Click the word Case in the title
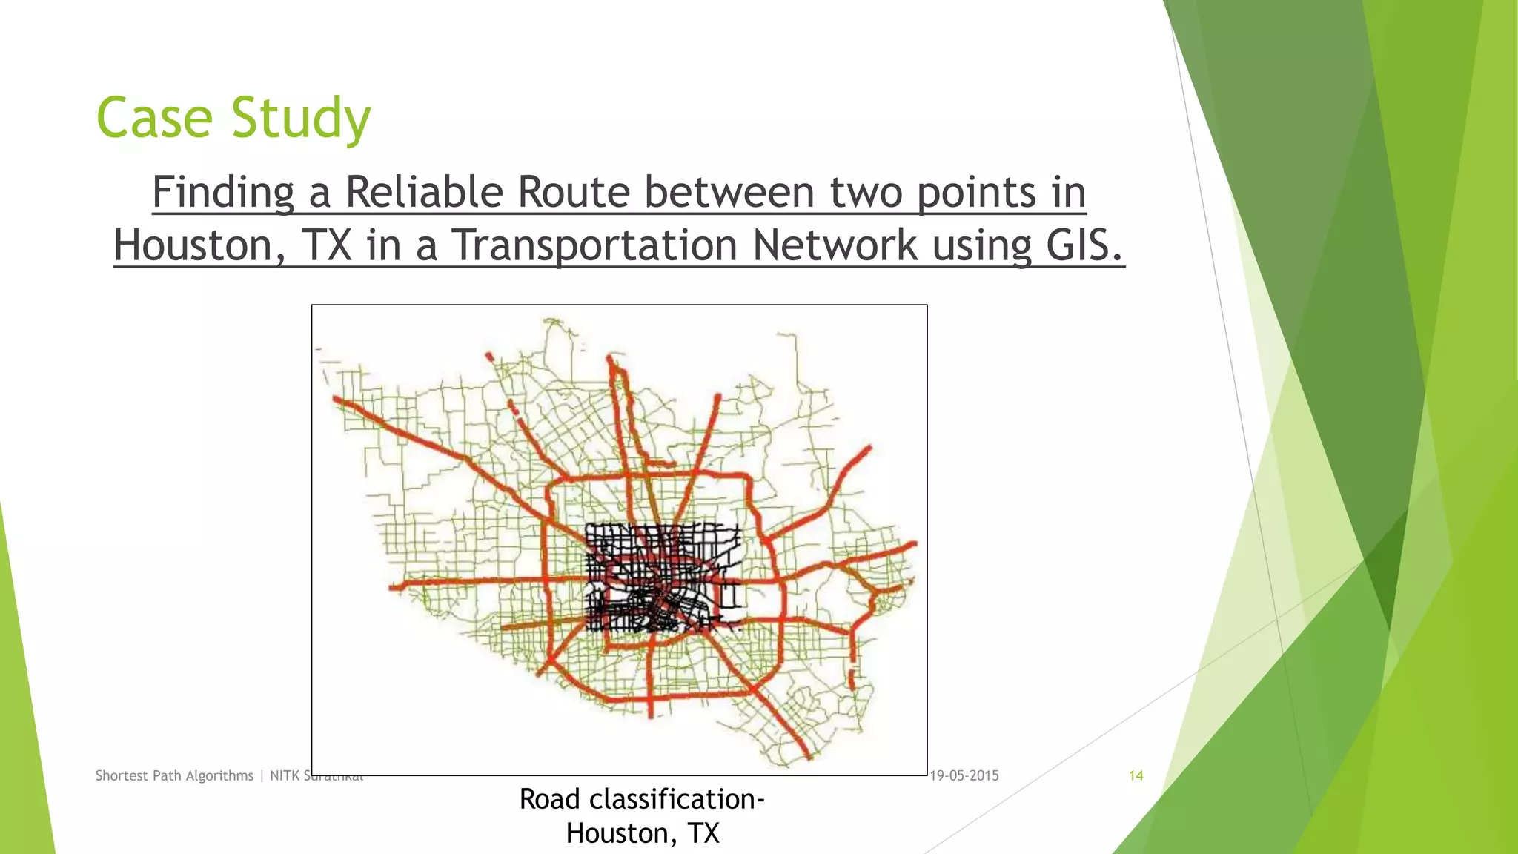[155, 118]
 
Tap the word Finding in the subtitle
[223, 192]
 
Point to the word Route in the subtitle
[574, 192]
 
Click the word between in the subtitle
[730, 192]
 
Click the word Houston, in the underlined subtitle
[199, 245]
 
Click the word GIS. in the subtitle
[1084, 245]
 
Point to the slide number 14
[1136, 775]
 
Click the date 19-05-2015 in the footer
[964, 775]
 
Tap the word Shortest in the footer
[122, 775]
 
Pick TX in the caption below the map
[703, 834]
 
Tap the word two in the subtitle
[866, 192]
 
